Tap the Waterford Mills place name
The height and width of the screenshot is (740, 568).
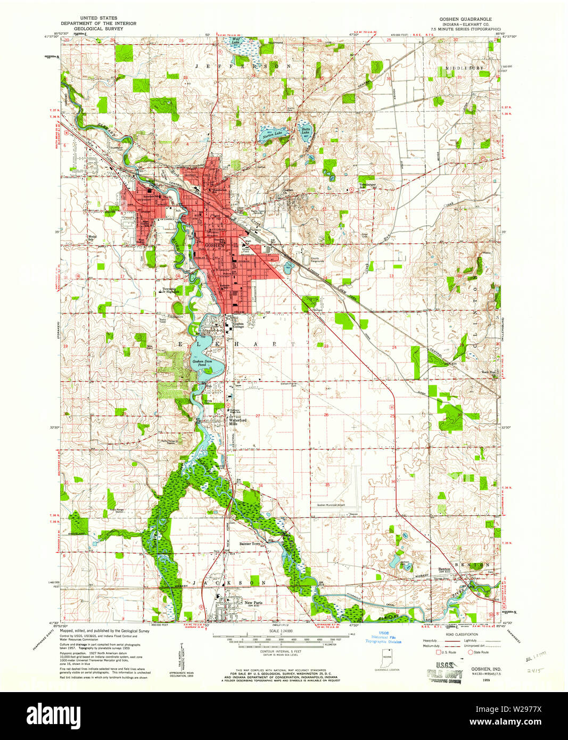point(237,420)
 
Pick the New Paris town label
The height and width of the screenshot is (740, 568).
point(253,603)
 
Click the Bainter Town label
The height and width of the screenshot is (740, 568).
point(250,544)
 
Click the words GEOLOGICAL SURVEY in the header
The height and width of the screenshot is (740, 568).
point(98,29)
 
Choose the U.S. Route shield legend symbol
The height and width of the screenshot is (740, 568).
point(438,652)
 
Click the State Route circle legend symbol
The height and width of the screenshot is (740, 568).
point(471,652)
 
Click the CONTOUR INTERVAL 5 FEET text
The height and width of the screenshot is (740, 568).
point(280,651)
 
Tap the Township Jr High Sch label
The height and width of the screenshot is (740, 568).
point(170,291)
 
